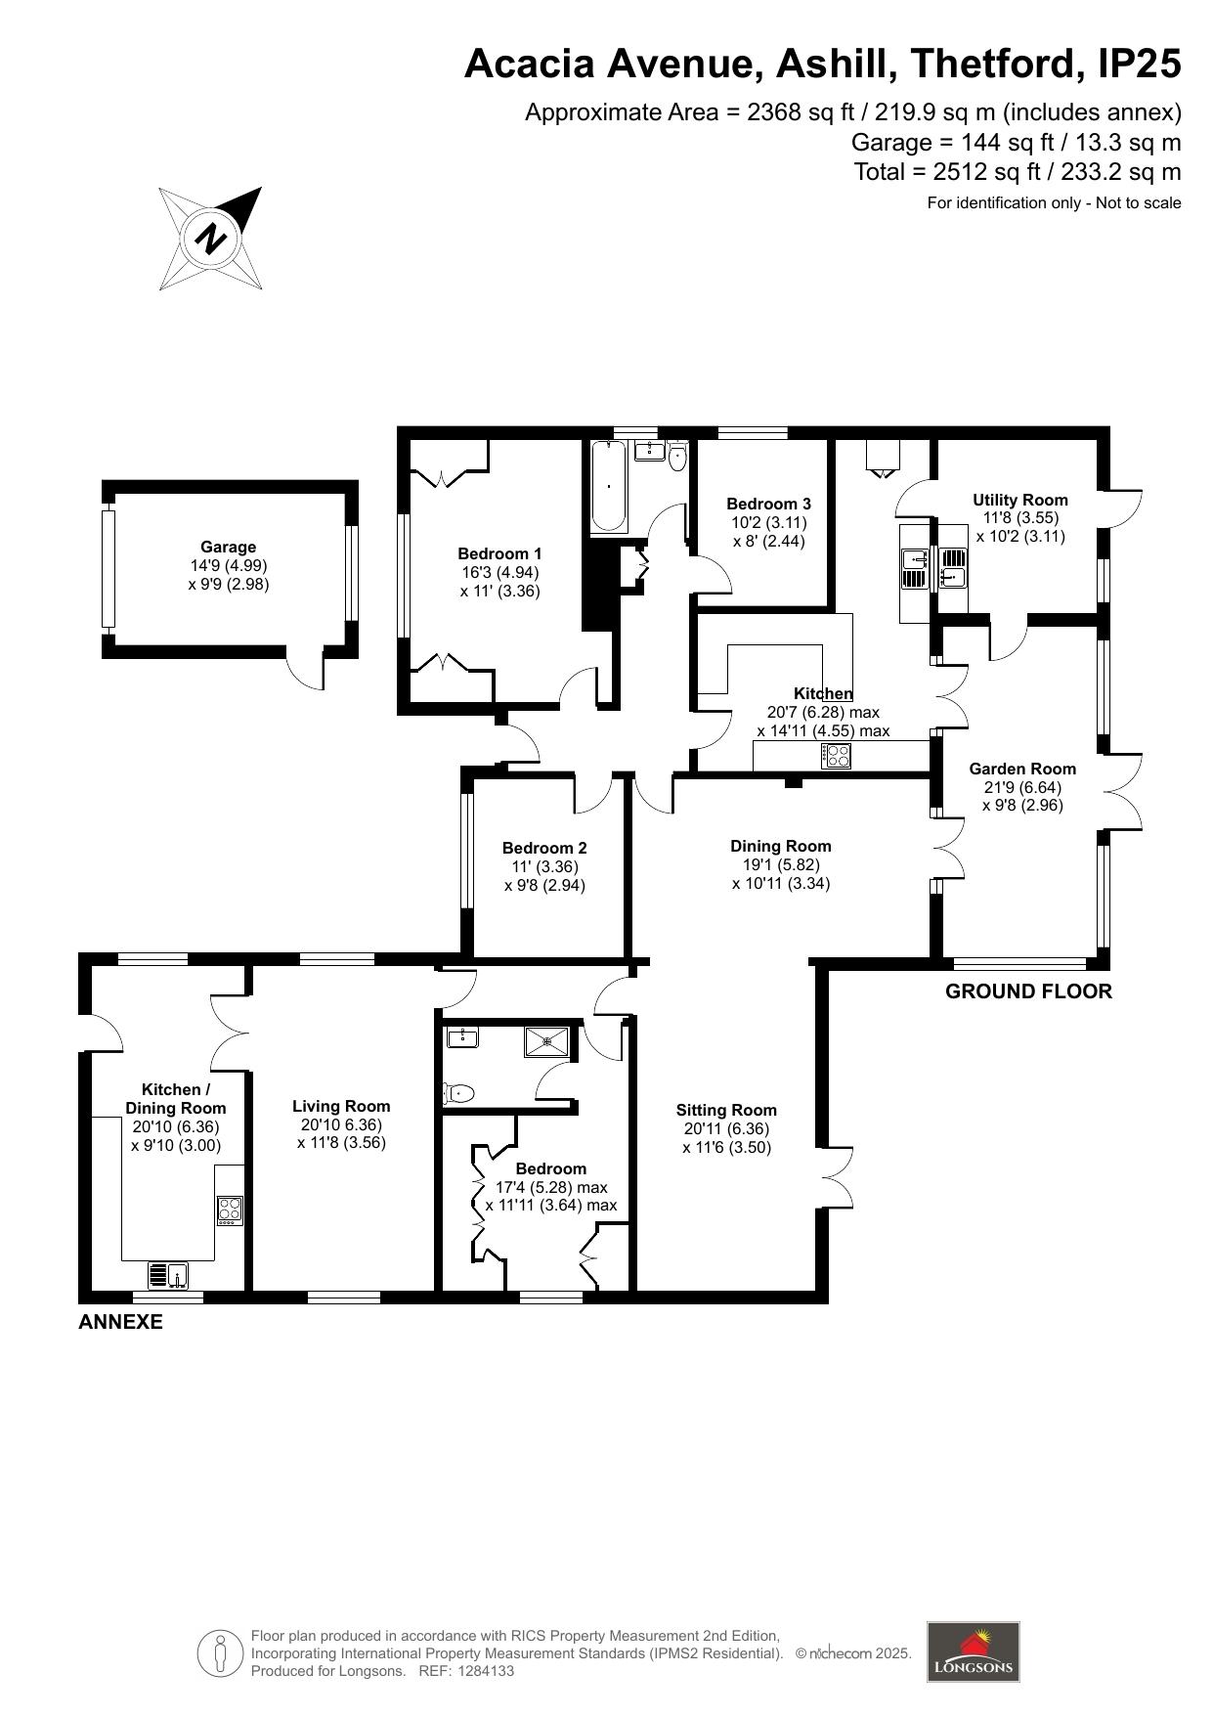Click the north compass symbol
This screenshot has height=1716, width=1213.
[211, 238]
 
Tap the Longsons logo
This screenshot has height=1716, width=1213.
[973, 1651]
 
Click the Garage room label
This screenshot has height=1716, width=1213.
[229, 548]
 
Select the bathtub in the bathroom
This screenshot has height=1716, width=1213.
[608, 486]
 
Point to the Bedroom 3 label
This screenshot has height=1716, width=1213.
[768, 504]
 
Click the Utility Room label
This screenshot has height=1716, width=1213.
[1020, 500]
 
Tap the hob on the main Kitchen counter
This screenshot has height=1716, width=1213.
[837, 755]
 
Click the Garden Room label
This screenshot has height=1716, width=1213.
[1022, 769]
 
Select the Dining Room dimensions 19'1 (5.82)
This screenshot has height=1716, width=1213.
[781, 864]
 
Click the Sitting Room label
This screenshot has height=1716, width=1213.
[726, 1110]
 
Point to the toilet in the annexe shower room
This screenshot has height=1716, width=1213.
[458, 1092]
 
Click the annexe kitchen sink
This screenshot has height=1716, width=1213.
[168, 1275]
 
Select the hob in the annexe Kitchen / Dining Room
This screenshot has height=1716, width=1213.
[230, 1210]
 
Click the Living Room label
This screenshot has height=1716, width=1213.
[341, 1106]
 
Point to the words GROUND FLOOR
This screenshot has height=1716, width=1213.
[1028, 991]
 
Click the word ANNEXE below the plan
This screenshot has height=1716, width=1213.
[120, 1323]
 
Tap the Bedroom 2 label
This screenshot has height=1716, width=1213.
[544, 848]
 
